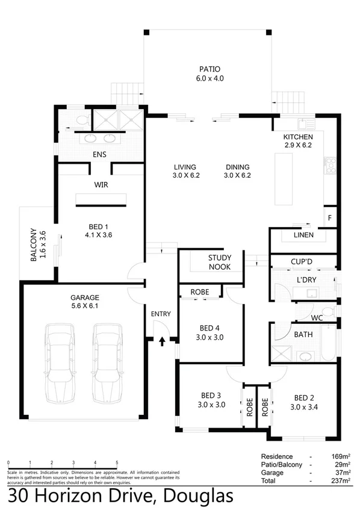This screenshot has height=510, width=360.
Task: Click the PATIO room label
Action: (x=209, y=69)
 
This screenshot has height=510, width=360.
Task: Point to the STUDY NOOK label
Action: (x=219, y=262)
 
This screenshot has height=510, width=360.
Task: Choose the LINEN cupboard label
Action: (x=302, y=235)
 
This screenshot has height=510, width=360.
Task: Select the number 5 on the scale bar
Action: (x=116, y=462)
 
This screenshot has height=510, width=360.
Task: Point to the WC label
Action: (x=318, y=317)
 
